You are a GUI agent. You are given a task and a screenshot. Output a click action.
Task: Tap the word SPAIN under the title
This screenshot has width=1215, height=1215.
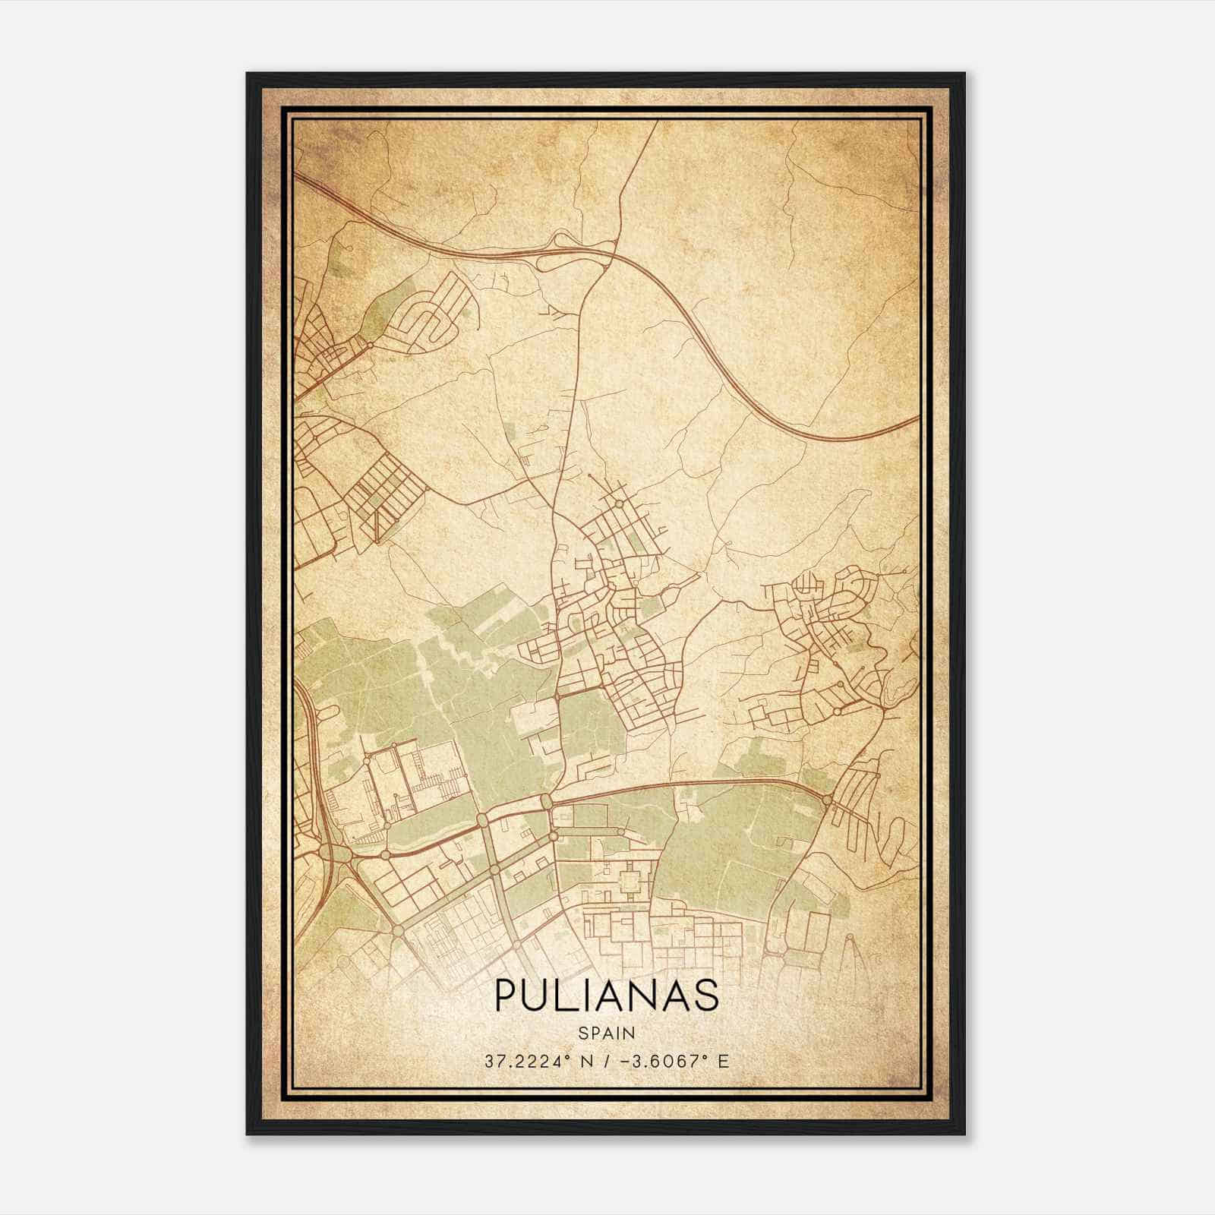606,1033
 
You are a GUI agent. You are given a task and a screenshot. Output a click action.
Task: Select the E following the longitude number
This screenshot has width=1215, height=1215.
724,1061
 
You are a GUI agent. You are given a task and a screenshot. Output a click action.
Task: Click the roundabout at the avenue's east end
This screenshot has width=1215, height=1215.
828,798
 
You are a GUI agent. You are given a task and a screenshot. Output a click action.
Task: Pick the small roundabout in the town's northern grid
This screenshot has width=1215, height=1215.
619,503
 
